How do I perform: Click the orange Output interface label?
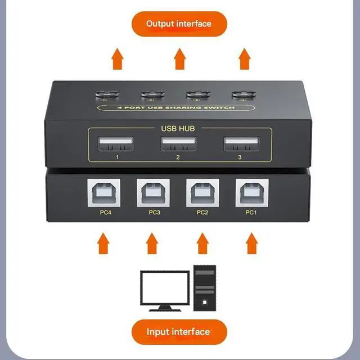coord(179,24)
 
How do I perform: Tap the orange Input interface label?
coord(178,331)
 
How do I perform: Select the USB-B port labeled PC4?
coord(102,193)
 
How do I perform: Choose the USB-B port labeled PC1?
coord(251,193)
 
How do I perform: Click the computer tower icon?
coord(205,287)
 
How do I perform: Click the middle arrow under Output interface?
coord(179,58)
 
